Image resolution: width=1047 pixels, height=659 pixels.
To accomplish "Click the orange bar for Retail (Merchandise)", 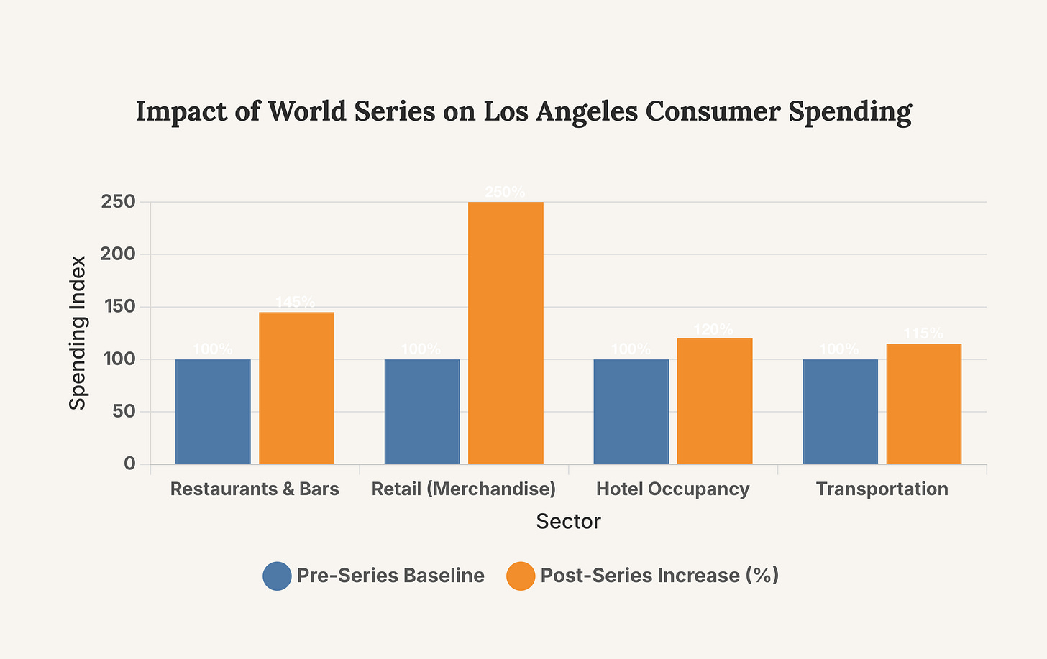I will [506, 333].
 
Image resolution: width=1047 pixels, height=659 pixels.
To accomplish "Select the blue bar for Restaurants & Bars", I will [213, 411].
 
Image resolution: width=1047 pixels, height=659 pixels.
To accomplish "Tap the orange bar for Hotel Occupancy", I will [715, 401].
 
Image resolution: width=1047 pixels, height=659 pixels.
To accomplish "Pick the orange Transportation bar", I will [923, 403].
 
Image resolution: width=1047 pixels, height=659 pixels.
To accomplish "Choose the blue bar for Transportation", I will [840, 411].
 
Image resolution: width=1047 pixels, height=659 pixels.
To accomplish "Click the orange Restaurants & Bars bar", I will [296, 388].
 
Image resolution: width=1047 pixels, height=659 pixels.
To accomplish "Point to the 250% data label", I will [505, 193].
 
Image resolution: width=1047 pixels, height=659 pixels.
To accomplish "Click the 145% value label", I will [296, 303].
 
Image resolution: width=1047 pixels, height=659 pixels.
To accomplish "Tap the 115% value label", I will [923, 334].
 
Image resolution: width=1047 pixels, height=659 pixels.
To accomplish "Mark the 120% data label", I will [714, 330].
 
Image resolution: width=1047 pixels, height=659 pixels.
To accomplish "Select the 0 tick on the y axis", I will [129, 464].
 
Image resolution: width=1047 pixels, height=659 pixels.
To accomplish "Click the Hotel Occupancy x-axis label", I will [673, 489].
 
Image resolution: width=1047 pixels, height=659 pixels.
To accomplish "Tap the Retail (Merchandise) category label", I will [464, 489].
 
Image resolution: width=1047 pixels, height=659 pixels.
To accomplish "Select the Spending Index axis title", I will [78, 333].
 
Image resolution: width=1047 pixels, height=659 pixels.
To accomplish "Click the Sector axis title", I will [568, 522].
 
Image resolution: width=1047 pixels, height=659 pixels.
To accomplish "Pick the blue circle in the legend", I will [277, 576].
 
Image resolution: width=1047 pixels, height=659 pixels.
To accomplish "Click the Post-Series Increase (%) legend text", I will [659, 576].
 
